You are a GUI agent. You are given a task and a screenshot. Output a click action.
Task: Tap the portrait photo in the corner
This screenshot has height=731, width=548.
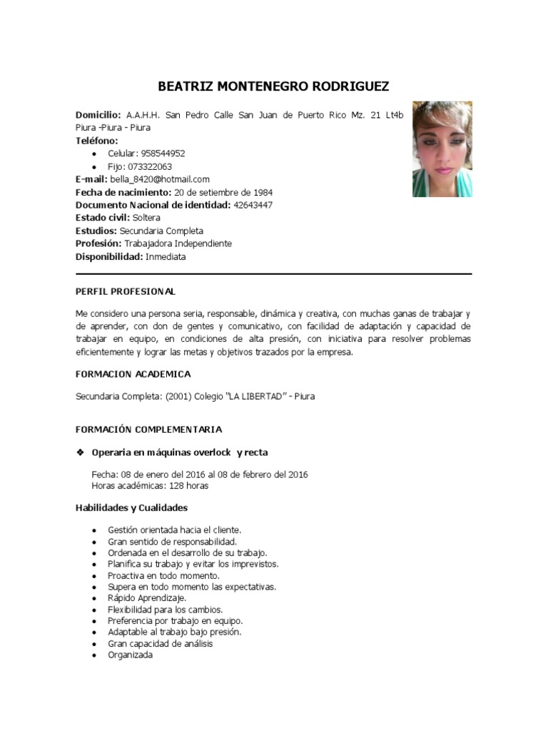[442, 148]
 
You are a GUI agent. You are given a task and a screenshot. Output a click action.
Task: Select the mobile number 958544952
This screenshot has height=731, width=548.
[163, 153]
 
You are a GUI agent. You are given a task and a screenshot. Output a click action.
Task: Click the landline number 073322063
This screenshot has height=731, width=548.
[150, 166]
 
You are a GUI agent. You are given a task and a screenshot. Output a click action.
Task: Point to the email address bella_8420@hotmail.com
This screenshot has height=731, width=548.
[160, 179]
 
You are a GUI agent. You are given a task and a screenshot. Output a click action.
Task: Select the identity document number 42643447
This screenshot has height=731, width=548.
[253, 205]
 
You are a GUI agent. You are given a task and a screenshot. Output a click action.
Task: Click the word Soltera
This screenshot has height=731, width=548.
[146, 218]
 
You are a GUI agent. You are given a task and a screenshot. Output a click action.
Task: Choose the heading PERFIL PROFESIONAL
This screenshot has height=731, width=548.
[126, 292]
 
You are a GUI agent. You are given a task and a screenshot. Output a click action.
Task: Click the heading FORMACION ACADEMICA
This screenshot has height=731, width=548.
[133, 374]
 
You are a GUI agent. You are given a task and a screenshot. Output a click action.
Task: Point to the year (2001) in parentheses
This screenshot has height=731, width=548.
[178, 396]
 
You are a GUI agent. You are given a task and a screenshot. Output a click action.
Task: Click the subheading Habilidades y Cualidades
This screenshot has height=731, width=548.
[131, 508]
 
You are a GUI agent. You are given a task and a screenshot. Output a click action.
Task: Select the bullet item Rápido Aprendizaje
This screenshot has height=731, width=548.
[147, 598]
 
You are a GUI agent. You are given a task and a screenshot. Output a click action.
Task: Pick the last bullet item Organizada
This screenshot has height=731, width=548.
[131, 655]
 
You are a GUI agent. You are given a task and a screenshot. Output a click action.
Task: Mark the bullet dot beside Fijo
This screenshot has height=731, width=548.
[95, 166]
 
